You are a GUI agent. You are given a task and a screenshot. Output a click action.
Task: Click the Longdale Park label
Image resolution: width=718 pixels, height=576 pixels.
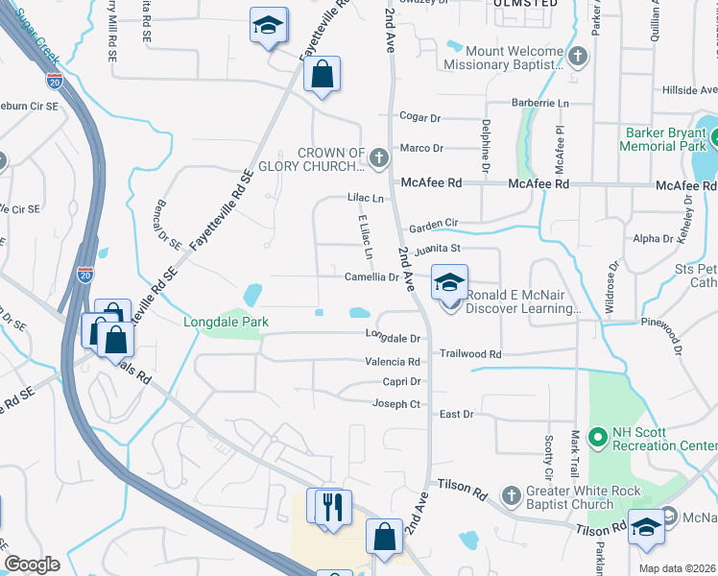point(226,323)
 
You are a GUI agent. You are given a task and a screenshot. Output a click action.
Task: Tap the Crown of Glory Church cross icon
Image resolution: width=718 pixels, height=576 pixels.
point(379,156)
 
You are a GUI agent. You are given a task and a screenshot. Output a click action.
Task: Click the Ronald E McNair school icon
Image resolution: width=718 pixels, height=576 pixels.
point(448,285)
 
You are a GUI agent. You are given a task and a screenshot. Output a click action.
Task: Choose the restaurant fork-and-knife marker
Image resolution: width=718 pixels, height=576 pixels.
point(332,506)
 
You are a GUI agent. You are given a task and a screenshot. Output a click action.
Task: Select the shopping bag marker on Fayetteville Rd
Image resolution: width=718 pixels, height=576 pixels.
point(323,75)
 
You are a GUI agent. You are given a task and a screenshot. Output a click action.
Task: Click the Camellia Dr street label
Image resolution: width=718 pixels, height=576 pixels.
point(371,277)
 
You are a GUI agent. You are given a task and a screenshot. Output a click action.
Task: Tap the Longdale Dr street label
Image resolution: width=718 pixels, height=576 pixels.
point(393,338)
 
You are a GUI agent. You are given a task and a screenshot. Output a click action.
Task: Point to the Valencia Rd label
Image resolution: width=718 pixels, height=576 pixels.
point(393,362)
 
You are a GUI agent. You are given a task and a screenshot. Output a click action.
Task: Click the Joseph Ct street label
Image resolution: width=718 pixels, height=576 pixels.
point(396,404)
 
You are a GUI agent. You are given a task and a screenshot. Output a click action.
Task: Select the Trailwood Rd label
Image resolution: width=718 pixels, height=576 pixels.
point(470,354)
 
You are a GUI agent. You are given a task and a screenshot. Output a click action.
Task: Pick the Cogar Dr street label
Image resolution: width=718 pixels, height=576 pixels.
point(419,118)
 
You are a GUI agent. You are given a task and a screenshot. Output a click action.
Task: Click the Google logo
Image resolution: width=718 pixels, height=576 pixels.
point(32,564)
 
